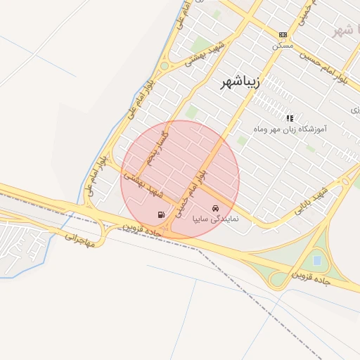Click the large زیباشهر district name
click(240, 82)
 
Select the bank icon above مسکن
click(283, 34)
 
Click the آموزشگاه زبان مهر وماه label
click(289, 129)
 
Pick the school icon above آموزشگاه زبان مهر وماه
click(290, 118)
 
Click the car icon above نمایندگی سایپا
click(216, 208)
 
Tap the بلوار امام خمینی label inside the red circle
click(192, 190)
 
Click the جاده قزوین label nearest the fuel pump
click(143, 230)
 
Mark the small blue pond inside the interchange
click(317, 260)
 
